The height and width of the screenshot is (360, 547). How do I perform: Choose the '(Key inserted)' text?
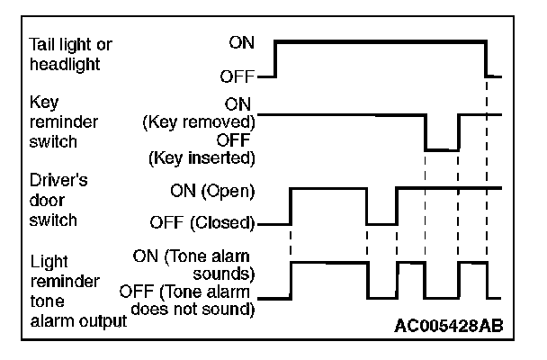pyautogui.click(x=200, y=158)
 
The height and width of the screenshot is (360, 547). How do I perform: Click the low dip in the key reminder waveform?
pyautogui.click(x=442, y=149)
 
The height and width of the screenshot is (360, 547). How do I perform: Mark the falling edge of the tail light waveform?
pyautogui.click(x=487, y=58)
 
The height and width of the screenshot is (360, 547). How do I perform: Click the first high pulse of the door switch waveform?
pyautogui.click(x=328, y=188)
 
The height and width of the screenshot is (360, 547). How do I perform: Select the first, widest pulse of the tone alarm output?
pyautogui.click(x=328, y=263)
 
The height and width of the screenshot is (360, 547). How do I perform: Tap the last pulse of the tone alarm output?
pyautogui.click(x=472, y=263)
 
